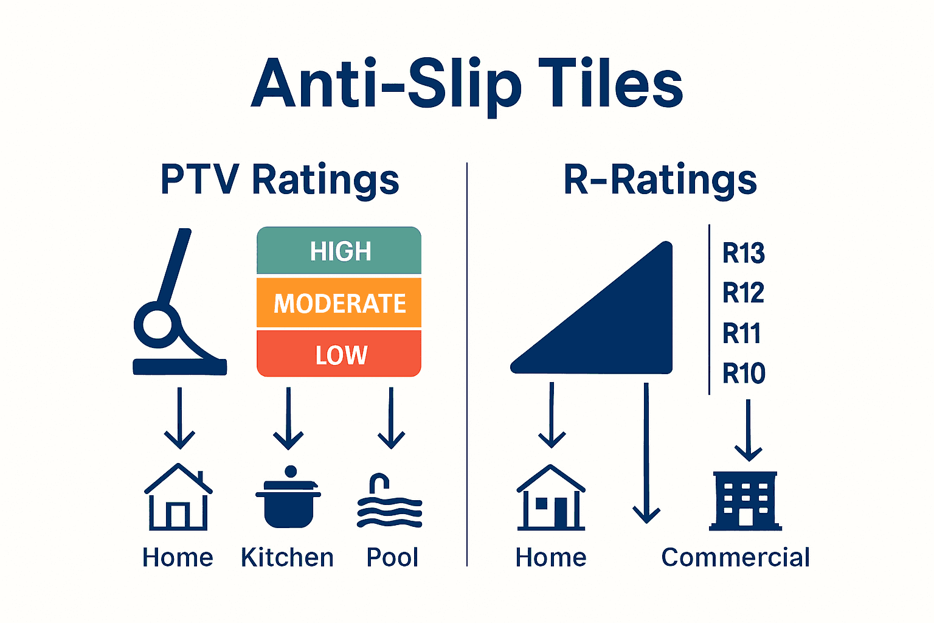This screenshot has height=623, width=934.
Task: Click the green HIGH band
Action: [339, 251]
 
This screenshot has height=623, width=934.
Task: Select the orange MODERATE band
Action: [339, 303]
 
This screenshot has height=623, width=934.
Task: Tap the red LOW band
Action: [339, 354]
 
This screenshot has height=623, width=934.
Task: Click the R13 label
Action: [743, 253]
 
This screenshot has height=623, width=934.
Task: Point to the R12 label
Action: [743, 293]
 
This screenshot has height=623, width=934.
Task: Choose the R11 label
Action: [742, 333]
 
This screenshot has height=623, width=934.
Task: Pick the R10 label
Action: [744, 373]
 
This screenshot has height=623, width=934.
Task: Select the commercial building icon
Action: [746, 500]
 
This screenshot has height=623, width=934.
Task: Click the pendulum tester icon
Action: [176, 304]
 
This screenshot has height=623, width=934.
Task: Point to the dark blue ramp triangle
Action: [614, 322]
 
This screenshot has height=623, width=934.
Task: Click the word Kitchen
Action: [287, 557]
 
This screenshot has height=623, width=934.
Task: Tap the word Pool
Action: [392, 557]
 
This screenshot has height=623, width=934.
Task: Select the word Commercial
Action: [735, 557]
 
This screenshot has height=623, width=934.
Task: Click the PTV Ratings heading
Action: [280, 179]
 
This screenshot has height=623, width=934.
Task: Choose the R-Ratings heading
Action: [660, 179]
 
